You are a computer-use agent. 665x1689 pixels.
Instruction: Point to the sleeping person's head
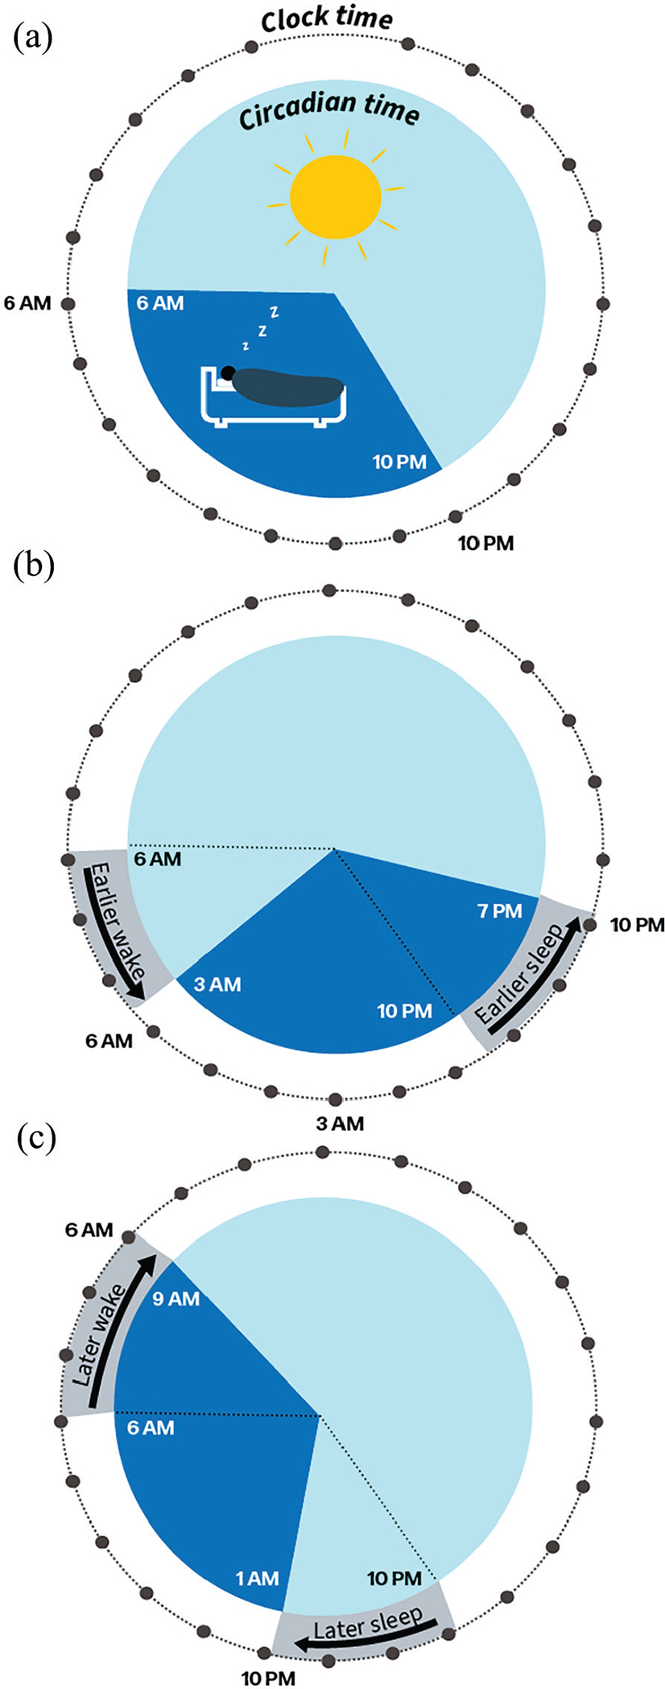click(229, 372)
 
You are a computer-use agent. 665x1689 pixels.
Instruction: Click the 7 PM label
click(500, 911)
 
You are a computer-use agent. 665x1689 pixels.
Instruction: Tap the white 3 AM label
click(217, 984)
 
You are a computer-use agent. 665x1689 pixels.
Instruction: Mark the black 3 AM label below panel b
click(339, 1124)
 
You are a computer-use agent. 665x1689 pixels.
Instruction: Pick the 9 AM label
click(176, 1299)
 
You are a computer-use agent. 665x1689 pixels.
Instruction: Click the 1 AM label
click(257, 1579)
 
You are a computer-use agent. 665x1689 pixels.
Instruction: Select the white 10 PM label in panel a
click(399, 462)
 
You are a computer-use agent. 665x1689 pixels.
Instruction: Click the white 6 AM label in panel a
click(160, 303)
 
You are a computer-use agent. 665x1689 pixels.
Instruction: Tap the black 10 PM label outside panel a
click(485, 543)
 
